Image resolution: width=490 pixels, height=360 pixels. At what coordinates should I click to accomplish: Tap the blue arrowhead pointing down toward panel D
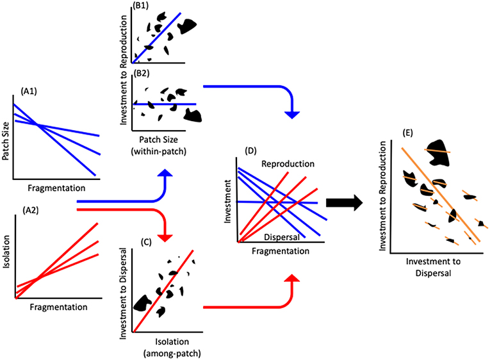[292, 113]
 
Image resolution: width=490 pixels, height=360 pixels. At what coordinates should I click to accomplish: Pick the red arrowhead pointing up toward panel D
[292, 280]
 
